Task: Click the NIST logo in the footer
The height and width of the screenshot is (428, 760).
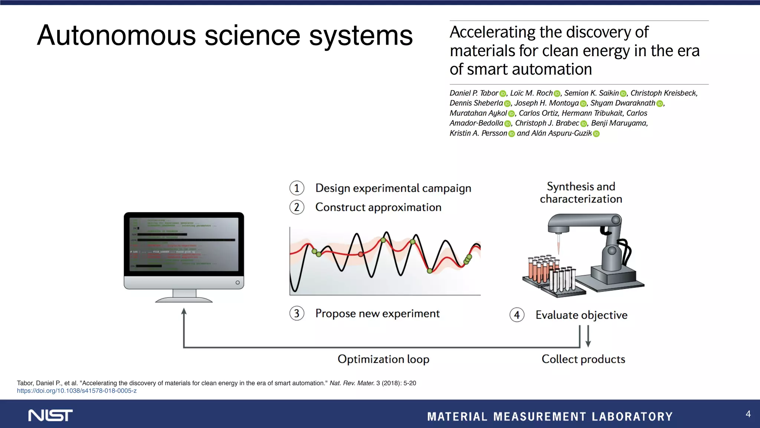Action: click(50, 415)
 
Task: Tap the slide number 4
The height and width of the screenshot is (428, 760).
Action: click(748, 414)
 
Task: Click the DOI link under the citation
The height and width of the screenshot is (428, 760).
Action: click(77, 391)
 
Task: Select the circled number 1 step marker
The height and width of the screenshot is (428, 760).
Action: click(297, 188)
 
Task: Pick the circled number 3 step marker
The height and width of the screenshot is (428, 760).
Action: click(297, 313)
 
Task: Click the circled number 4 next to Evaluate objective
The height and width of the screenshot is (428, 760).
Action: click(517, 315)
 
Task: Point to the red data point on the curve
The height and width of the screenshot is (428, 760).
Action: click(360, 254)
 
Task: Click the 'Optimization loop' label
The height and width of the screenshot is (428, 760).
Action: click(383, 359)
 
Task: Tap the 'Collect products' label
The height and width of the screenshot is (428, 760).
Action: click(583, 359)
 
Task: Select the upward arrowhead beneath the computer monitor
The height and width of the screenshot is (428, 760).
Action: click(184, 312)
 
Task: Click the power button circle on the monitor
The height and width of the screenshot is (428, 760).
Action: click(237, 283)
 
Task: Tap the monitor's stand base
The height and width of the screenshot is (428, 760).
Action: click(184, 299)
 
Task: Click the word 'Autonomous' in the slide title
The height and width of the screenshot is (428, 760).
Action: click(116, 36)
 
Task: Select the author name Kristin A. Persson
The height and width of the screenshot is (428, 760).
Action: click(478, 133)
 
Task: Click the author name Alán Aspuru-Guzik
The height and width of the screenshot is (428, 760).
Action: click(561, 133)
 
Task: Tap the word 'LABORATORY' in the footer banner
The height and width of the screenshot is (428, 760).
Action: click(632, 416)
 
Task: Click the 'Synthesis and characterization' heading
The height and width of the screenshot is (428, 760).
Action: click(581, 192)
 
